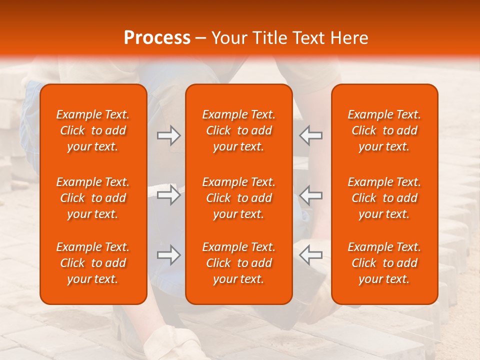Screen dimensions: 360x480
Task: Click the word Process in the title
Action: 157,38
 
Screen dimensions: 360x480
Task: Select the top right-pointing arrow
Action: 168,135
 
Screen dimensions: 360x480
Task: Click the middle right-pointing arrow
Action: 168,195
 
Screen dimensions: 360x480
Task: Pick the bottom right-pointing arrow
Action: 168,255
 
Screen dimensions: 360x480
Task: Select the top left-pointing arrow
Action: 310,135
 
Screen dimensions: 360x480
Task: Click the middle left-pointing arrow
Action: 310,195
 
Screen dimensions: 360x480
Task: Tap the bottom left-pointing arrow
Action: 310,255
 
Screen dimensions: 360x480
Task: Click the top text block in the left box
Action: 93,130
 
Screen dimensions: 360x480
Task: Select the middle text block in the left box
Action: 93,198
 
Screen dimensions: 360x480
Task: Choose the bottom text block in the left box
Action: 93,263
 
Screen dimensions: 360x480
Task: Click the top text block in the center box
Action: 238,130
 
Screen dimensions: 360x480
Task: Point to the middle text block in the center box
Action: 238,198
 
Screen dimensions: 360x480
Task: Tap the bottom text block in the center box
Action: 238,263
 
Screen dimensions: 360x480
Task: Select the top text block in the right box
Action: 384,130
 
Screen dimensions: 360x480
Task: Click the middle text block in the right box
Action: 384,198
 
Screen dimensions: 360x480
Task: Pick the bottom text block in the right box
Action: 384,263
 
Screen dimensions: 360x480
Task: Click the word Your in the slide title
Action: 228,38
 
